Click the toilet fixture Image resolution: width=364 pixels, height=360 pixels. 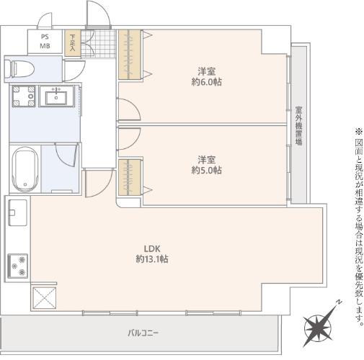19,68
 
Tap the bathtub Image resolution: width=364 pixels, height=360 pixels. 25,169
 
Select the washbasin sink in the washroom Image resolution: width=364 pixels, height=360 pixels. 56,96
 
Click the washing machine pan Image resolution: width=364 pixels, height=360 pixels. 24,96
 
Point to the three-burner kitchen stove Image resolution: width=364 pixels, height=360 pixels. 18,266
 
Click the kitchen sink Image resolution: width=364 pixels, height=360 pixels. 17,212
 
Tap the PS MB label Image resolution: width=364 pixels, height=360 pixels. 45,41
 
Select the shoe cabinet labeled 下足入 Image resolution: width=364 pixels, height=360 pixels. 73,43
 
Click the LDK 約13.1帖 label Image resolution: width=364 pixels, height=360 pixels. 152,254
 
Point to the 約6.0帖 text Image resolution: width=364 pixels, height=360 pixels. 207,82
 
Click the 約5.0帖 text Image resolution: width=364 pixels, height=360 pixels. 207,171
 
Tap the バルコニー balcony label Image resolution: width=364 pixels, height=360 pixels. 143,333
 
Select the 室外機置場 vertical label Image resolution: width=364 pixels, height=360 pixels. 299,126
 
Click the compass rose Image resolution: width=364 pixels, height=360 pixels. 317,328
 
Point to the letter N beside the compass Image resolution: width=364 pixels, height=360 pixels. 339,302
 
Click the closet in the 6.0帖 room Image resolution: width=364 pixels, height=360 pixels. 130,55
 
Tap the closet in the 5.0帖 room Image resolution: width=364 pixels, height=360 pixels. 130,177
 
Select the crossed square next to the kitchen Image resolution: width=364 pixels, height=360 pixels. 45,298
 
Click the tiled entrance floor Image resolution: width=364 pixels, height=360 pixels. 99,44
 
